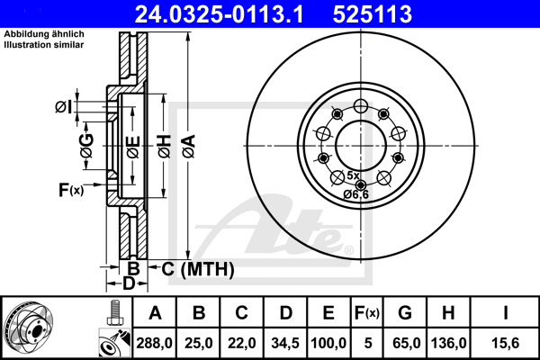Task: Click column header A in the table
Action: (155, 312)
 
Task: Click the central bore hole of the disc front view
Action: (361, 142)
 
